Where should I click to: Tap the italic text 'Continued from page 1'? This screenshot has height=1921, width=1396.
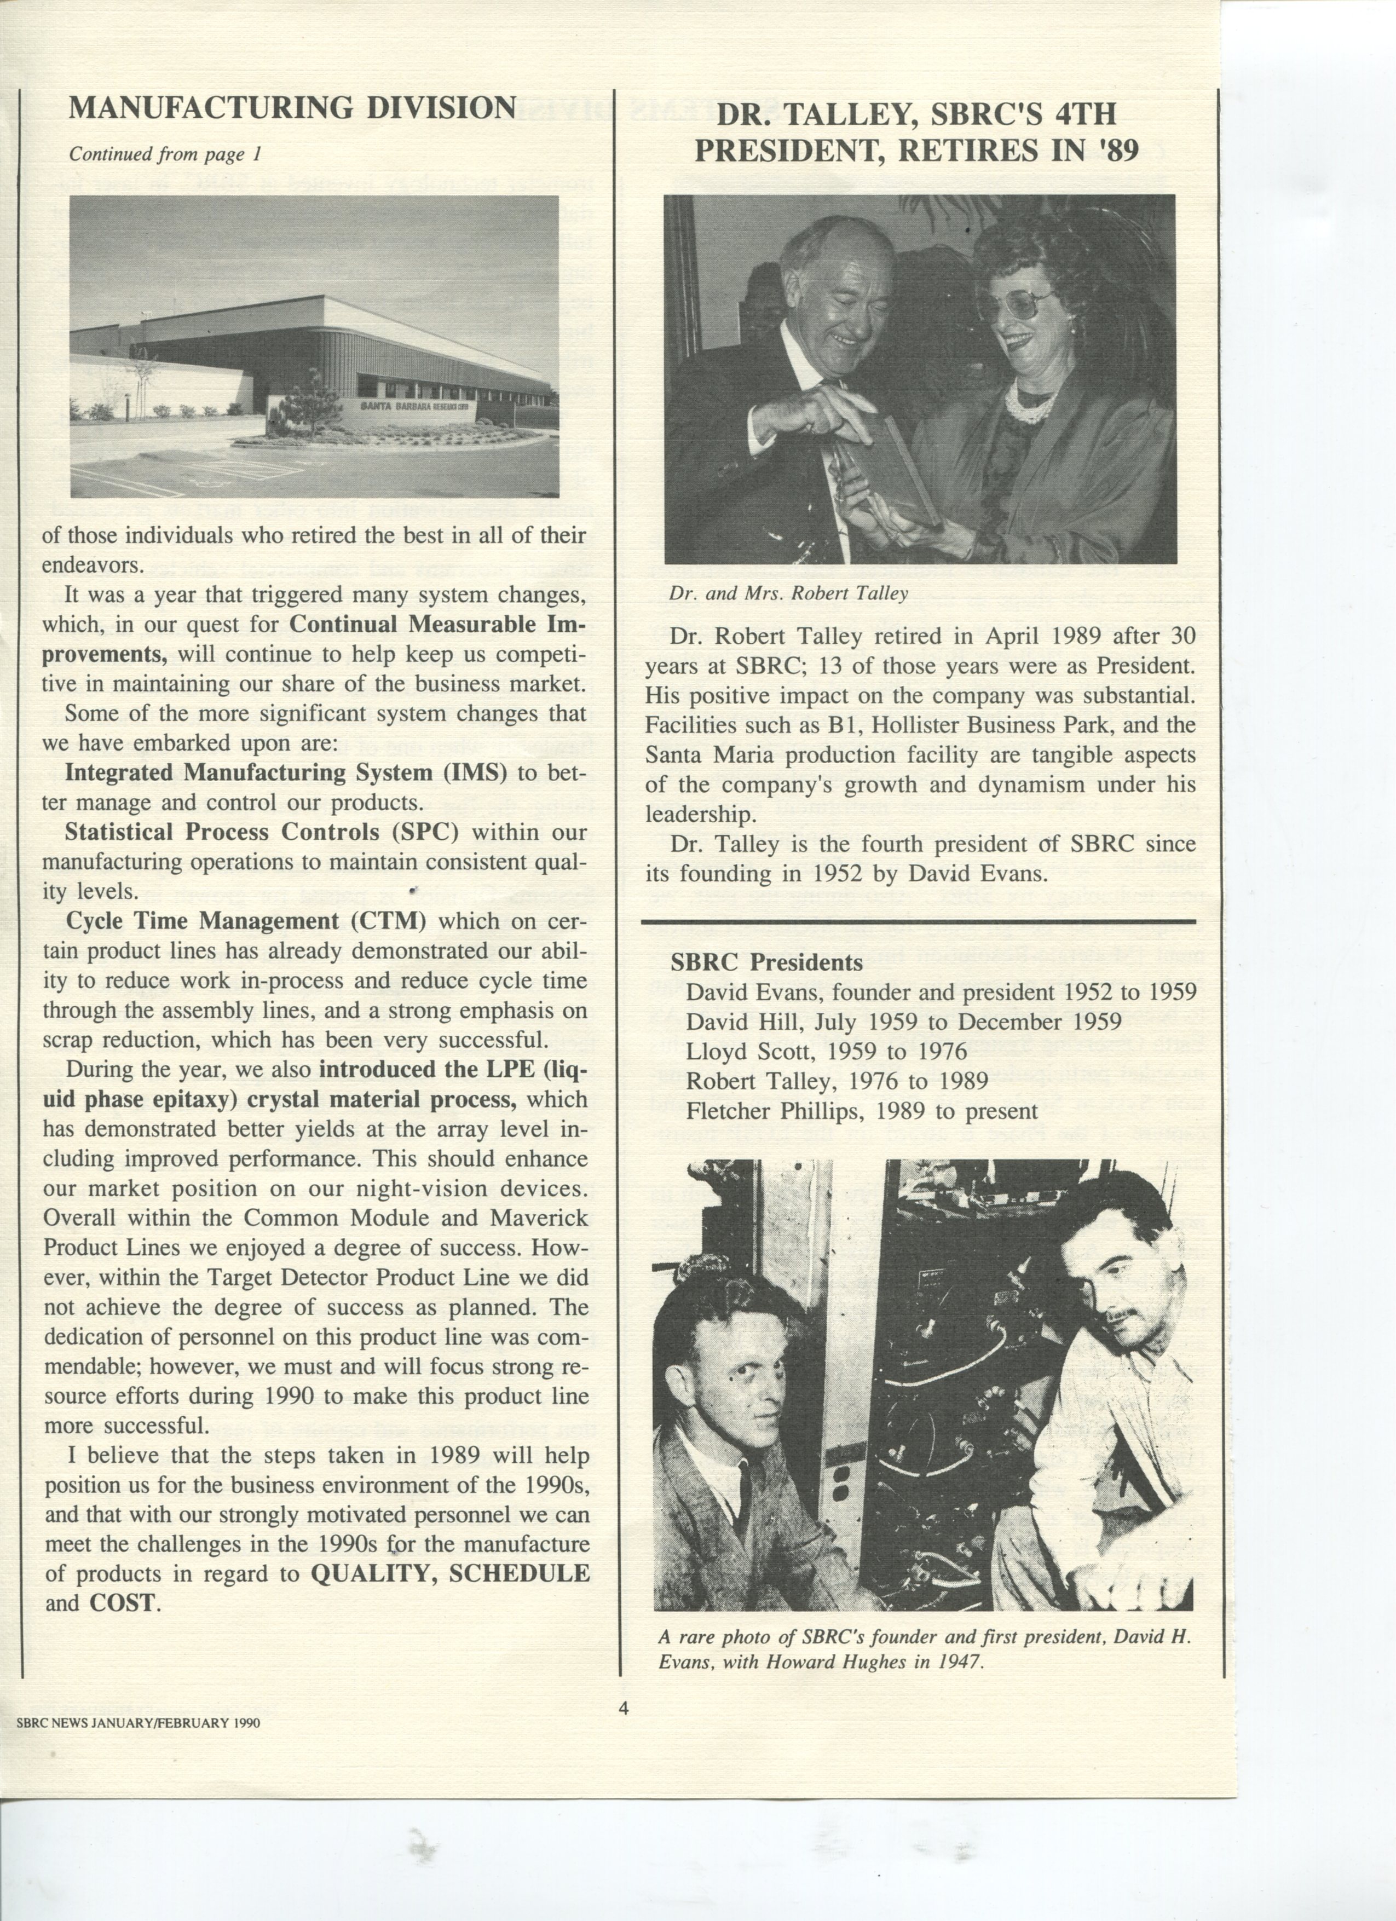[x=165, y=154]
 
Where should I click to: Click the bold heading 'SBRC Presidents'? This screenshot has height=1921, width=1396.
[x=766, y=962]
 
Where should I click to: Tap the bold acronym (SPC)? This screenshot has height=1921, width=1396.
[x=425, y=833]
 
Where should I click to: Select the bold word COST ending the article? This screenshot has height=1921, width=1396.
[x=122, y=1603]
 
